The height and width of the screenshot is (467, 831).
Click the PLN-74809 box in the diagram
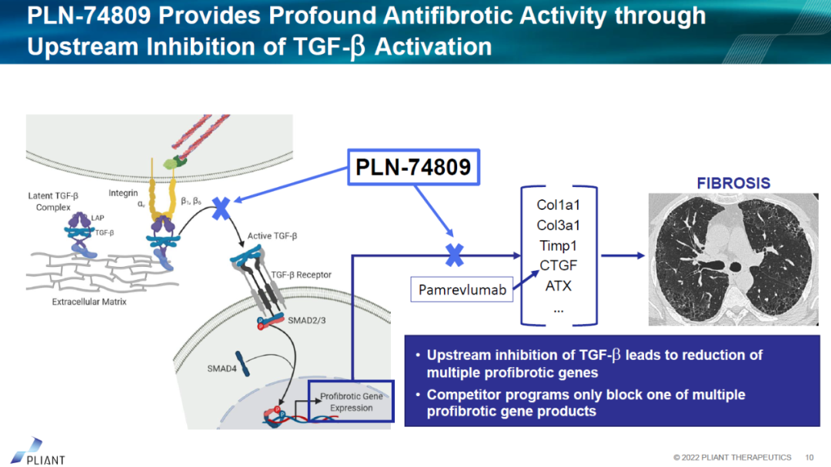[412, 167]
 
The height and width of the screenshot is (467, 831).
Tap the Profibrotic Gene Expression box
[351, 402]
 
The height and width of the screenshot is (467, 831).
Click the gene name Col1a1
[558, 205]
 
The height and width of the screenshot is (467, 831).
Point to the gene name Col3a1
[558, 225]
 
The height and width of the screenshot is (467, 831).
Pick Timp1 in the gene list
[558, 245]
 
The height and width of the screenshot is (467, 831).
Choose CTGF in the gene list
[558, 265]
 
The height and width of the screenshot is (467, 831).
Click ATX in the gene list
[558, 285]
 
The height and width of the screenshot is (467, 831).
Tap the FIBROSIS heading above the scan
[733, 183]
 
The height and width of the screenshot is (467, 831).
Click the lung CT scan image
[733, 259]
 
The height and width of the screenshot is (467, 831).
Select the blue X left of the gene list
[455, 255]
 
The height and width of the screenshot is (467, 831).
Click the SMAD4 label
[222, 369]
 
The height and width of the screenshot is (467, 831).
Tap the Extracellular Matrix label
[89, 302]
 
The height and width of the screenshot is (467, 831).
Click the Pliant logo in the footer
[38, 451]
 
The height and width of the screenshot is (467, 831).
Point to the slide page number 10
[809, 457]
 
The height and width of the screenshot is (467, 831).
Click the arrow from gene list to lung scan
[622, 256]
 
